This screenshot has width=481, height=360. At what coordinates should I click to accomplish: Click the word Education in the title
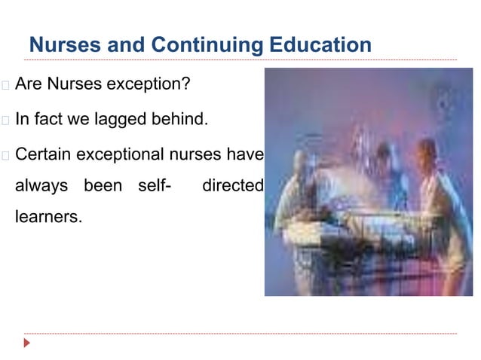click(x=320, y=45)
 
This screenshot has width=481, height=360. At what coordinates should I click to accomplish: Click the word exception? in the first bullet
click(x=148, y=84)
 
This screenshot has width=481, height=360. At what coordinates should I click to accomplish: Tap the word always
click(x=41, y=185)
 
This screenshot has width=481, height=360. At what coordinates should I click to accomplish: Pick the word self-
click(x=152, y=185)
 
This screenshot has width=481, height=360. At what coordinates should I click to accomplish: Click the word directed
click(x=232, y=185)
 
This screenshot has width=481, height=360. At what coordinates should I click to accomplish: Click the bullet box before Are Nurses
click(x=5, y=85)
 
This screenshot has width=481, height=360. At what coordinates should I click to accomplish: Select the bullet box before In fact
click(x=5, y=121)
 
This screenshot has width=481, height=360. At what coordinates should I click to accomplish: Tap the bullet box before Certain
click(x=5, y=156)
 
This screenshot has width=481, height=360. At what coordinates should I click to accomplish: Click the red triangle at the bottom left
click(x=27, y=343)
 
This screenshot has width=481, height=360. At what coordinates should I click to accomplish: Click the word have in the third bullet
click(x=247, y=155)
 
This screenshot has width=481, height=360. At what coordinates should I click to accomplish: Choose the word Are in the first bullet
click(x=28, y=84)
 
